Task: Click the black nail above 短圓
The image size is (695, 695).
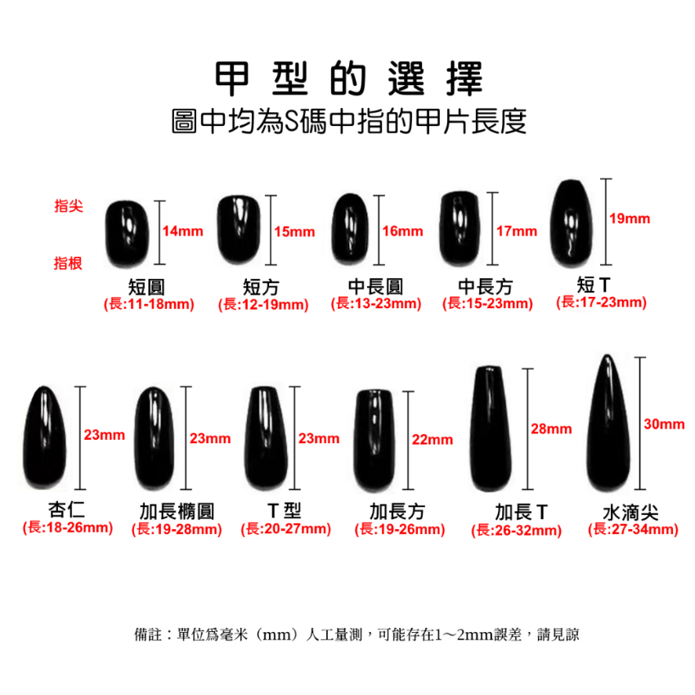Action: point(127,234)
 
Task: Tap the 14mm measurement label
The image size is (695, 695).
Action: point(182,231)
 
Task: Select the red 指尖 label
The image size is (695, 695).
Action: point(69,206)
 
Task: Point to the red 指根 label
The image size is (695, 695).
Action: point(68,263)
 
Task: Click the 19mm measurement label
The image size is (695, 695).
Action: point(630,218)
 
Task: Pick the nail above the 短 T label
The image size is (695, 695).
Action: point(572,224)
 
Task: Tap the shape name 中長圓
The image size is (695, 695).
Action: point(375,287)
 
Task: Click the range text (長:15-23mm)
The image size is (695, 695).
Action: point(487,303)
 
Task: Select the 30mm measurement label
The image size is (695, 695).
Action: point(664,424)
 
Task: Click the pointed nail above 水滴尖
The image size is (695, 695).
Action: point(608,424)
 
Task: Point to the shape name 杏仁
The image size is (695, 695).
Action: point(66,509)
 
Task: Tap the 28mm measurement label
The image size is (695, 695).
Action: point(551,429)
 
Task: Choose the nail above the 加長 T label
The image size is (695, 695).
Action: point(490,428)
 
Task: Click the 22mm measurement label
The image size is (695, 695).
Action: point(433,440)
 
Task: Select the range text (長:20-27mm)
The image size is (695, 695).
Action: point(286,529)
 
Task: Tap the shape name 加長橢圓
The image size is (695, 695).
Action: point(177,512)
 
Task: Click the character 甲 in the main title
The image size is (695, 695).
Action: point(231,78)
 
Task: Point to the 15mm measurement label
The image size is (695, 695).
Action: point(294,232)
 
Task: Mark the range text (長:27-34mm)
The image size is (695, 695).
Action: point(633,529)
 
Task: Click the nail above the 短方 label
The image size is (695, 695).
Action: point(239,230)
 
